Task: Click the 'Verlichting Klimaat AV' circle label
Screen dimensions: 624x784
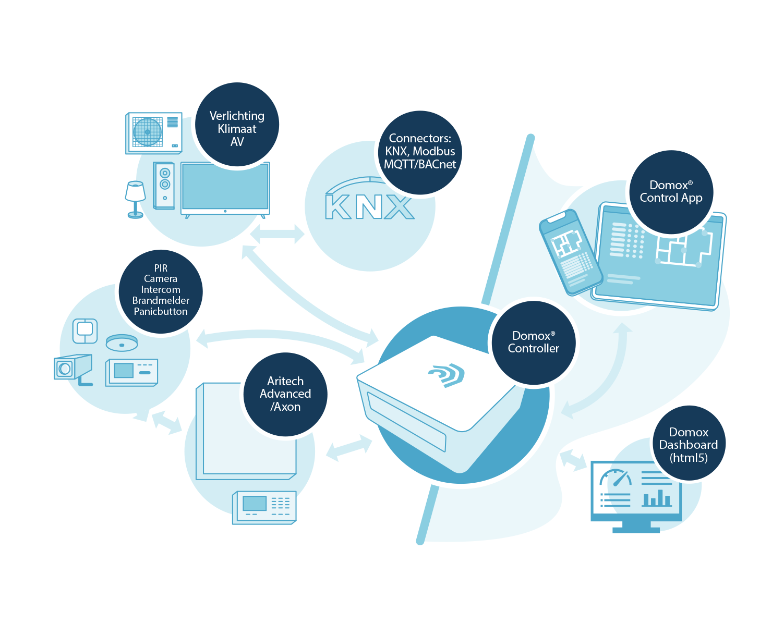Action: [x=237, y=125]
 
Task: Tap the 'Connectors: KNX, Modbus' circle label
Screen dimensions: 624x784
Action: [x=420, y=152]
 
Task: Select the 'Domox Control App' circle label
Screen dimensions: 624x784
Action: [x=671, y=192]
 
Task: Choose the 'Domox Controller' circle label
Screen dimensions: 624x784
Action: [x=533, y=342]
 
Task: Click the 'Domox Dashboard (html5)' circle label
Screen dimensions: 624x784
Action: [x=689, y=444]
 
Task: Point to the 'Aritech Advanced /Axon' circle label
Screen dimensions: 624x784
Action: [x=285, y=394]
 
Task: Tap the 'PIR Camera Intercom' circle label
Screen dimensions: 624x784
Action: [x=161, y=290]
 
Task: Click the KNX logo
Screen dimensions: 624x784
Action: [x=369, y=206]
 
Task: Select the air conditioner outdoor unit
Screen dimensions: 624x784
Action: [x=154, y=133]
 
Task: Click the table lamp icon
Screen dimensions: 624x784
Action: [x=136, y=199]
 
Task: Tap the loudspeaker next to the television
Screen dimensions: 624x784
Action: [x=164, y=186]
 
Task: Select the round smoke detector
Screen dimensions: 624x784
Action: [x=122, y=342]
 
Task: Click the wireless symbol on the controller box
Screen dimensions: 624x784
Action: [x=447, y=374]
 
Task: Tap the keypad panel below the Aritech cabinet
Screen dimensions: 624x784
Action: [x=264, y=507]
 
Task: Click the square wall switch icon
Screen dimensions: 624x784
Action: [x=85, y=330]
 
